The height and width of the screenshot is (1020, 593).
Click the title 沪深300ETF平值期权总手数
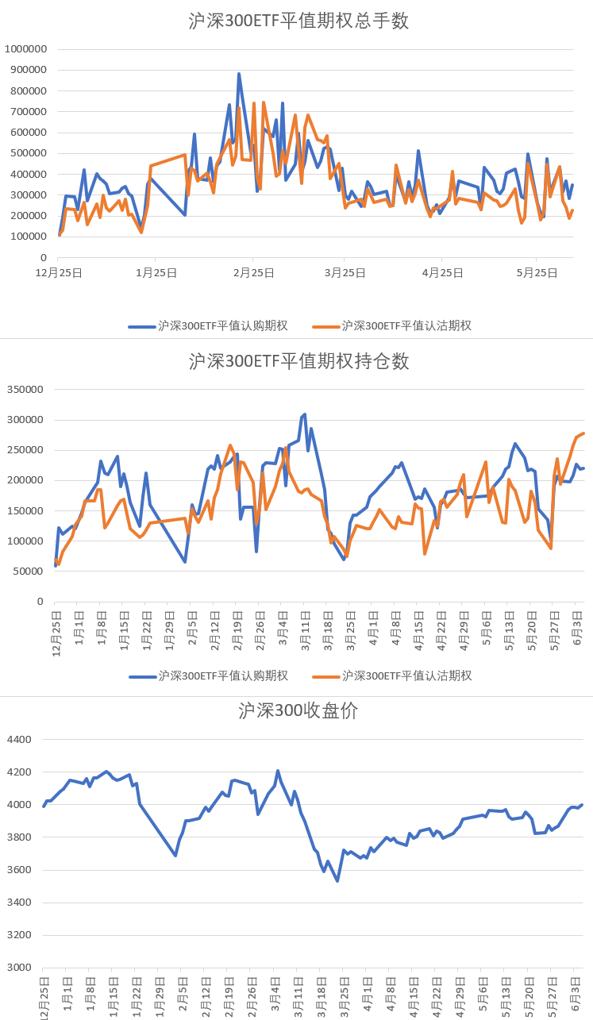(298, 21)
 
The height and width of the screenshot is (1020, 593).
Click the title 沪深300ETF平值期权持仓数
(298, 362)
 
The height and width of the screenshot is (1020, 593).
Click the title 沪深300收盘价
(298, 711)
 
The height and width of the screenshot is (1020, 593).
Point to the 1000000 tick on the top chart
(25, 49)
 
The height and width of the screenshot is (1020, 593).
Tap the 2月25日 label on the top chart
(253, 273)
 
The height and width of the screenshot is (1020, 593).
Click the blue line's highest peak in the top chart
(239, 74)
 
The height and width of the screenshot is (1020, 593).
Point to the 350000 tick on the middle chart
(25, 390)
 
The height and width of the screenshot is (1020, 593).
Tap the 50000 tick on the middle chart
(29, 572)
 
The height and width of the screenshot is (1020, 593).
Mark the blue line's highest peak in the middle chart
(305, 414)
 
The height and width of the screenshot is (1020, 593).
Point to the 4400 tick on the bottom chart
(19, 740)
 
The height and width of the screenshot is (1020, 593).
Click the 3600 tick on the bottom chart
(19, 870)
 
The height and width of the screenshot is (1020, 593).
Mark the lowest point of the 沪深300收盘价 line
(337, 881)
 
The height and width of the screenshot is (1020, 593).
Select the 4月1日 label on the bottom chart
(367, 998)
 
